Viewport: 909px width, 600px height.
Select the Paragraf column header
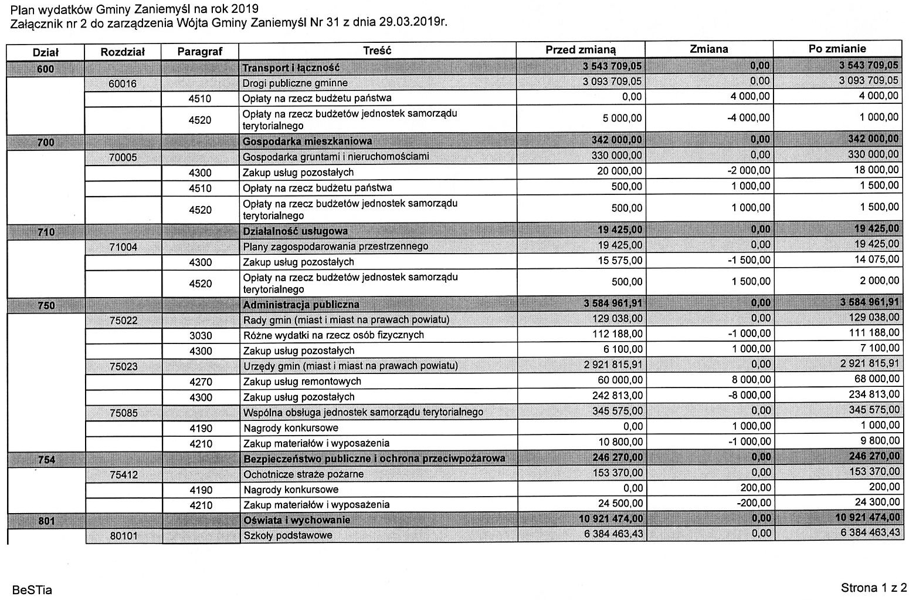point(200,52)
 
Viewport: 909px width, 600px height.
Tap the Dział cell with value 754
point(46,459)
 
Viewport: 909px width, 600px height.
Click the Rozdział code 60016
point(123,83)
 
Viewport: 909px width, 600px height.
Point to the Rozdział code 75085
point(123,413)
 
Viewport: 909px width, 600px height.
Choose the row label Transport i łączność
point(291,68)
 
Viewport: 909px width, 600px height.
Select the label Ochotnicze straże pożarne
point(303,474)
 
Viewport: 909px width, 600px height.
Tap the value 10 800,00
point(619,442)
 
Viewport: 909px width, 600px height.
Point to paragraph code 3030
point(201,336)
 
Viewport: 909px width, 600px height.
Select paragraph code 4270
point(201,382)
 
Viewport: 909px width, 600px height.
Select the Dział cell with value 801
point(46,520)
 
